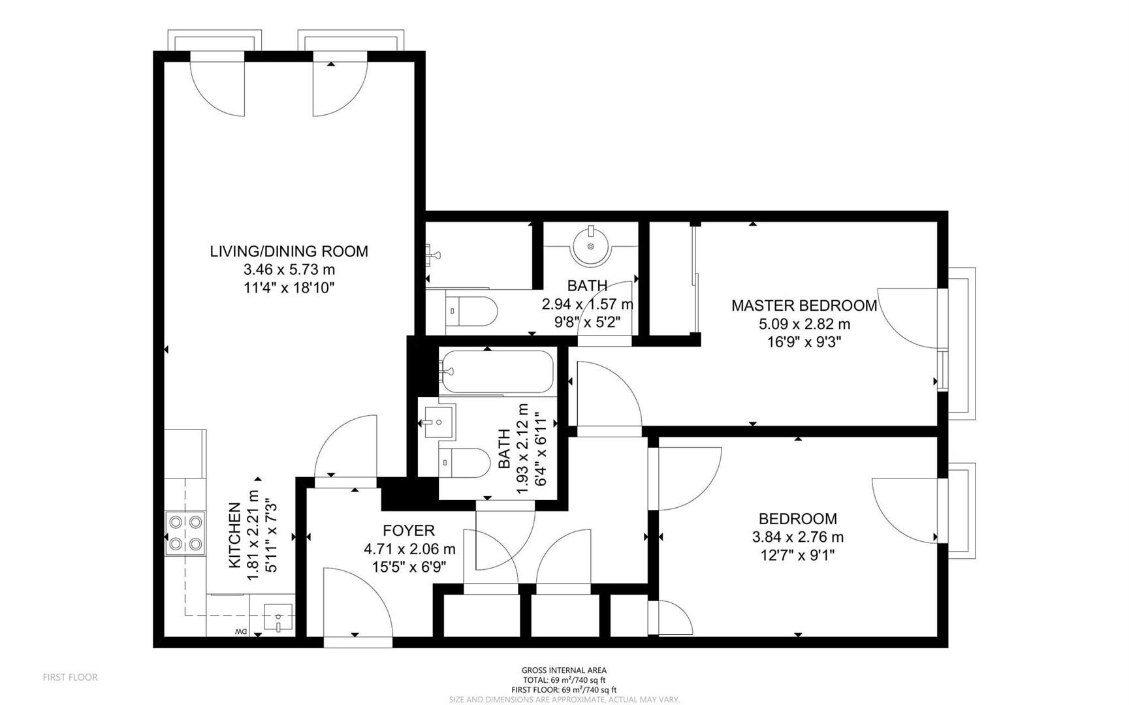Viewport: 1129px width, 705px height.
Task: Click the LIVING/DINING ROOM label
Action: (289, 251)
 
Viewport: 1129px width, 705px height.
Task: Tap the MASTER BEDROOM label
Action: (804, 305)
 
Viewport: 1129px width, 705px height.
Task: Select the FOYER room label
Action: (409, 531)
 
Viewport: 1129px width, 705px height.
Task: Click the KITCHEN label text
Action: (234, 535)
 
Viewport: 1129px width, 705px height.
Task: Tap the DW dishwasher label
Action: (241, 632)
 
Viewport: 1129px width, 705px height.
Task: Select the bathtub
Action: (497, 372)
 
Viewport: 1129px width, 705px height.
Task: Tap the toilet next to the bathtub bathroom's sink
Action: (464, 463)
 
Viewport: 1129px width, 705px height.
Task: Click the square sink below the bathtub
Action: (438, 421)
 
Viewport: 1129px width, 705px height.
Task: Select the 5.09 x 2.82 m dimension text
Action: (804, 324)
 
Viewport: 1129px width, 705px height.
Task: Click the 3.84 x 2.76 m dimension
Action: (798, 537)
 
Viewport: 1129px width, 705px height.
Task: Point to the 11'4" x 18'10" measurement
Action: (289, 288)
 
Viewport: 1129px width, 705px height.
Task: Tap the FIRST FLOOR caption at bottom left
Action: (71, 678)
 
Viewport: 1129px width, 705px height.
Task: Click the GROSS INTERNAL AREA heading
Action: (564, 670)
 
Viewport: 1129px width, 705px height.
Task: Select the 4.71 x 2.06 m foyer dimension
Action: (409, 550)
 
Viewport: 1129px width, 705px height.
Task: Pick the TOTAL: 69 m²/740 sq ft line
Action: (564, 680)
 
